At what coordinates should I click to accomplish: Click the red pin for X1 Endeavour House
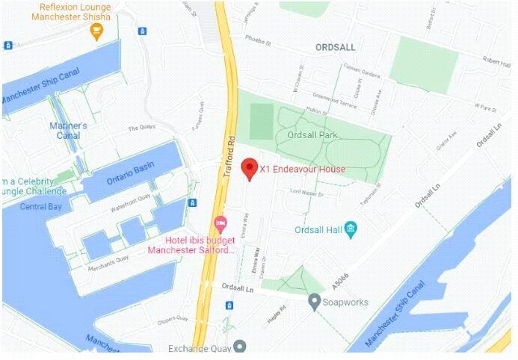[x=250, y=168]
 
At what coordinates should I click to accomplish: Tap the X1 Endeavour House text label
[x=302, y=170]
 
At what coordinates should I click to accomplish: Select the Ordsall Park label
[x=314, y=135]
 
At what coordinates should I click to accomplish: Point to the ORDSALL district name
[x=335, y=46]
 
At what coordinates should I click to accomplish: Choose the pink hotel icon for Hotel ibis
[x=221, y=223]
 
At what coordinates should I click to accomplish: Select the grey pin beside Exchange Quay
[x=239, y=347]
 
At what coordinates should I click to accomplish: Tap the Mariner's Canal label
[x=69, y=130]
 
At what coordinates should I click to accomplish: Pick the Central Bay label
[x=41, y=206]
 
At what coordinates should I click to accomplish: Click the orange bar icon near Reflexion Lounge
[x=96, y=31]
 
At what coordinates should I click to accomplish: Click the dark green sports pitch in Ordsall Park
[x=261, y=120]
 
